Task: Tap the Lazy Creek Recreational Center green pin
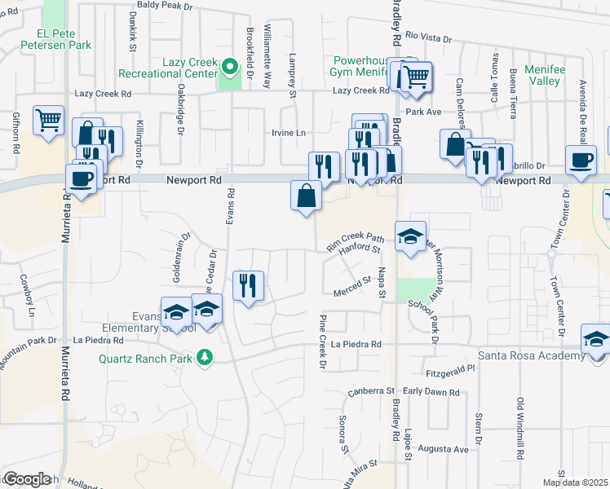[x=231, y=66]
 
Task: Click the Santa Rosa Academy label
[x=530, y=355]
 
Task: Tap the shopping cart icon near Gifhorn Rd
[x=49, y=120]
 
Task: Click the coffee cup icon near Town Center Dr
[x=581, y=161]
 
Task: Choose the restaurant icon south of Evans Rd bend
[x=246, y=285]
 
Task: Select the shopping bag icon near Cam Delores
[x=454, y=144]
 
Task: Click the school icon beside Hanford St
[x=409, y=236]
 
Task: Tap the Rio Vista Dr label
[x=428, y=37]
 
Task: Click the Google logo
[x=27, y=478]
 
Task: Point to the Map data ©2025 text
[x=575, y=482]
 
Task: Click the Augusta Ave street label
[x=443, y=449]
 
